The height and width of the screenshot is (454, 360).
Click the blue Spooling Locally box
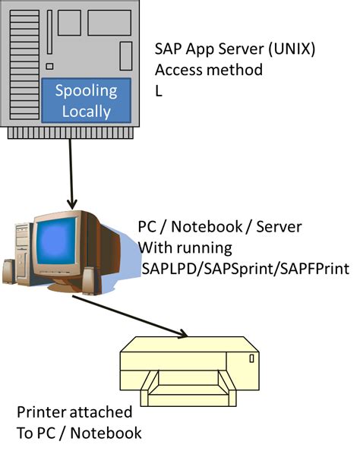pyautogui.click(x=86, y=101)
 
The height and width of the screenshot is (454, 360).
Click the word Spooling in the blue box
pyautogui.click(x=86, y=91)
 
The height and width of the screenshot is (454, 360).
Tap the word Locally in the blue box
pyautogui.click(x=86, y=112)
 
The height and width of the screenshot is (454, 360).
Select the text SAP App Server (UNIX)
pyautogui.click(x=235, y=49)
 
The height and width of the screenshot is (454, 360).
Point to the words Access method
pyautogui.click(x=209, y=71)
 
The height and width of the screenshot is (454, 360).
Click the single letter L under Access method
pyautogui.click(x=159, y=91)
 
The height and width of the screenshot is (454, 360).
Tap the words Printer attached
pyautogui.click(x=74, y=414)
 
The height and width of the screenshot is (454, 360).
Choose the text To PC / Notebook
pyautogui.click(x=79, y=434)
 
